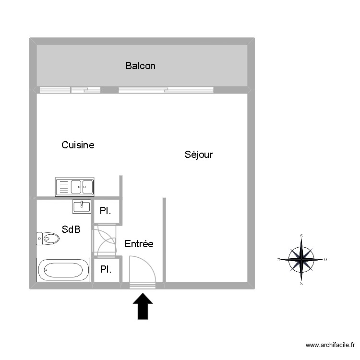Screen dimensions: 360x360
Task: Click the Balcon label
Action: pyautogui.click(x=140, y=66)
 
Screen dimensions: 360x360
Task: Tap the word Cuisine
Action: pyautogui.click(x=78, y=145)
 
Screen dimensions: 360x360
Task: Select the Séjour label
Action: pyautogui.click(x=199, y=155)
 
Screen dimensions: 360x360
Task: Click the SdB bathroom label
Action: pyautogui.click(x=71, y=229)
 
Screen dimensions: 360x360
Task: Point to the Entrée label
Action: pyautogui.click(x=139, y=244)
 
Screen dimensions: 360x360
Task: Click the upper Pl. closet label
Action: pyautogui.click(x=106, y=211)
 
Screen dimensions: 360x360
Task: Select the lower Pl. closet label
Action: pyautogui.click(x=106, y=270)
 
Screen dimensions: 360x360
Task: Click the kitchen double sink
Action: pyautogui.click(x=75, y=187)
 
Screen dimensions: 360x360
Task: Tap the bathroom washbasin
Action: pyautogui.click(x=82, y=206)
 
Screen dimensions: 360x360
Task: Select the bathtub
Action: pyautogui.click(x=63, y=270)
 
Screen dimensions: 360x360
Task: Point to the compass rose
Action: pyautogui.click(x=301, y=259)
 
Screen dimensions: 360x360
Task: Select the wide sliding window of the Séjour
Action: pyautogui.click(x=166, y=90)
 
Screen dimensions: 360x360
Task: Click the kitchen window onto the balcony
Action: pyautogui.click(x=70, y=90)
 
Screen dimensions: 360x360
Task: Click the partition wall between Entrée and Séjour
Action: pyautogui.click(x=164, y=240)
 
